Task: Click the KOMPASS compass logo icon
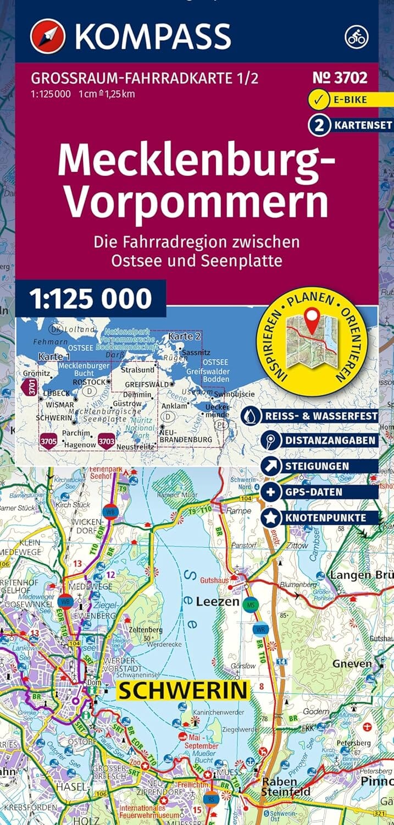coord(48,36)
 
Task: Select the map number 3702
coord(340,78)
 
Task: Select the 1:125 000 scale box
coord(90,298)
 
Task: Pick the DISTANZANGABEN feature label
coord(330,441)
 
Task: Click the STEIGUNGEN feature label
coord(316,466)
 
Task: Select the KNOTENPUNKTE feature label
coord(325,518)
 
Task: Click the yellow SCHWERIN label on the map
coord(184,690)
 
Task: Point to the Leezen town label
coord(218,602)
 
